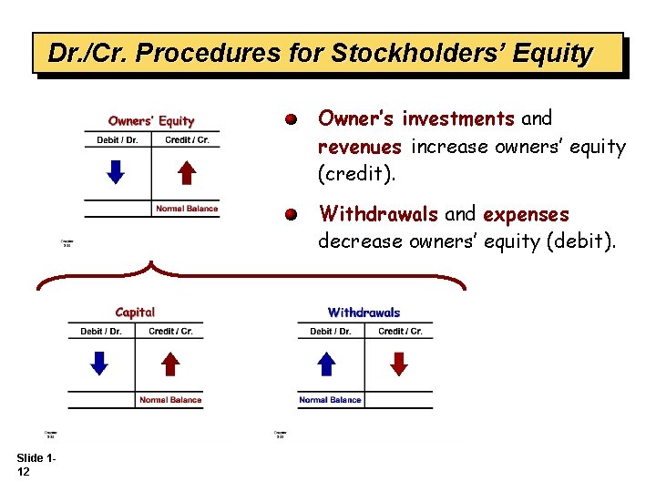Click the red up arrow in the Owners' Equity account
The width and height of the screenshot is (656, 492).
coord(186,172)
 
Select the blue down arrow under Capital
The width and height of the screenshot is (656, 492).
coord(100,364)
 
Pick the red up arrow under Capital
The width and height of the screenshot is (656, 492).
coord(170,364)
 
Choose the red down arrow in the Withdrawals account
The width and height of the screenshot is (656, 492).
coord(399,364)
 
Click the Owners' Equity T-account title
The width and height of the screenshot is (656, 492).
coord(151,120)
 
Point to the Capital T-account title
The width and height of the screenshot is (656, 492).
coord(135,313)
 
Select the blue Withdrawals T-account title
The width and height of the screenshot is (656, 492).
coord(364,313)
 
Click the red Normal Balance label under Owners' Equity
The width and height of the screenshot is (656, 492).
coord(187,209)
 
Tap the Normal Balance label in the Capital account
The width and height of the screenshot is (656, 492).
coord(170,400)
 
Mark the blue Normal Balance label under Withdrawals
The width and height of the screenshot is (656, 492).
coord(330,400)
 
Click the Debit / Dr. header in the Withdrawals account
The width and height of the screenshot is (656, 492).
coord(330,332)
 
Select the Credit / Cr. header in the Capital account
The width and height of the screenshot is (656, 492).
coord(170,332)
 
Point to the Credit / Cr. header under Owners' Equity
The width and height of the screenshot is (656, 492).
coord(187,140)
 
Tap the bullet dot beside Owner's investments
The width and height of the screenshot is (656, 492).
coord(290,119)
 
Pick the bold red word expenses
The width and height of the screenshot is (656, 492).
coord(526,215)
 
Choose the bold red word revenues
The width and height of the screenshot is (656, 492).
coord(360,147)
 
